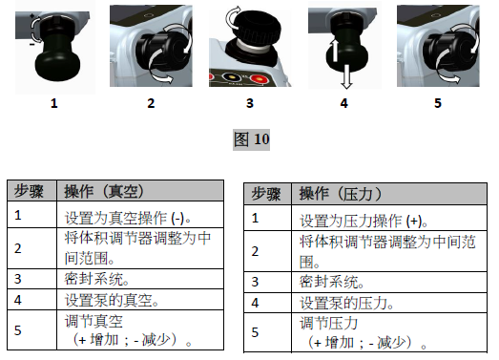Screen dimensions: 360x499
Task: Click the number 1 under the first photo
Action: [53, 102]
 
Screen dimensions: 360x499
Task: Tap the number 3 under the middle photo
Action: [251, 102]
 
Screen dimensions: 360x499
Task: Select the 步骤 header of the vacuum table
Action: [29, 191]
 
